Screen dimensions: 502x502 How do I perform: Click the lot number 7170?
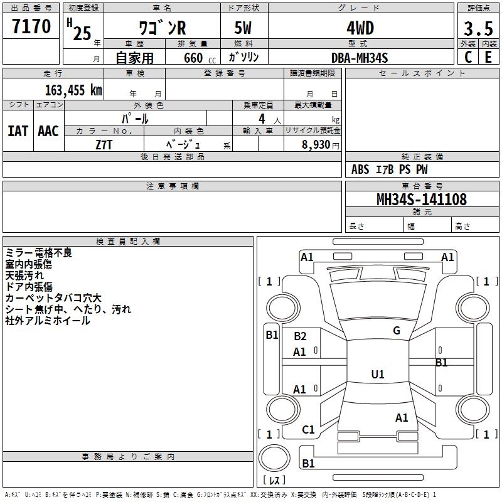click(x=31, y=26)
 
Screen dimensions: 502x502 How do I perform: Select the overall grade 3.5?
click(x=478, y=28)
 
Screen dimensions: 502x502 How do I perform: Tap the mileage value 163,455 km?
click(x=73, y=90)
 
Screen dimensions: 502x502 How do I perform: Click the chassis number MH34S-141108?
click(x=422, y=199)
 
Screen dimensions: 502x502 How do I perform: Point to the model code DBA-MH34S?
click(x=360, y=58)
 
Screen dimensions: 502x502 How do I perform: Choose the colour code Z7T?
click(x=104, y=145)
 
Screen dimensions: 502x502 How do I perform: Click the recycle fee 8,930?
click(x=316, y=144)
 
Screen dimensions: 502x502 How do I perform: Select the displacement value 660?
click(x=193, y=58)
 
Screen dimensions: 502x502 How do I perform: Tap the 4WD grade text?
click(x=360, y=28)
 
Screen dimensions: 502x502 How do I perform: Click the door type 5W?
click(x=243, y=28)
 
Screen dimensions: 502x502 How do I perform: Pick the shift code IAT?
click(x=18, y=131)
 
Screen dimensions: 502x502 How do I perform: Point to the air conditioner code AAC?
click(x=48, y=131)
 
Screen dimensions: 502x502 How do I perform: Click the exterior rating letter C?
click(x=468, y=57)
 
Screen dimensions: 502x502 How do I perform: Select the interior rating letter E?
click(x=488, y=57)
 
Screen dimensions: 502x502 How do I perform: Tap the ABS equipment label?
click(x=360, y=169)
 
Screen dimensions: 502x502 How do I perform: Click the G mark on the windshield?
click(x=397, y=330)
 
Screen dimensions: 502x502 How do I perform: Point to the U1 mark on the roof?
click(x=378, y=374)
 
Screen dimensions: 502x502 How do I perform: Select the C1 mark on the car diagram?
click(x=308, y=429)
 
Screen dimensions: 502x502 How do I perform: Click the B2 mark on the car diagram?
click(x=300, y=336)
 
